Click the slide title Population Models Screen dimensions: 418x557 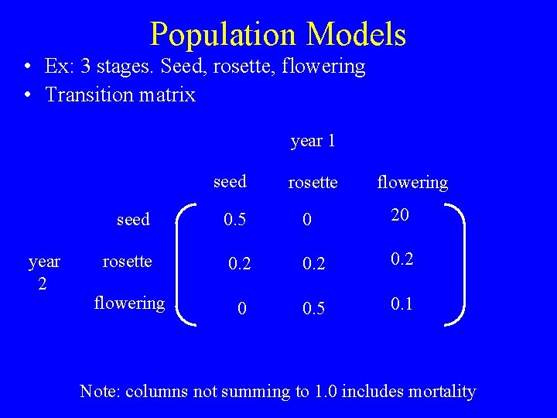click(278, 34)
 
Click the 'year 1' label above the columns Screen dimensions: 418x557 click(313, 141)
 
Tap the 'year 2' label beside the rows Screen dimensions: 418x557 click(43, 273)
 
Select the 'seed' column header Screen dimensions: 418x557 click(230, 181)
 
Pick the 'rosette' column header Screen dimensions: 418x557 click(313, 183)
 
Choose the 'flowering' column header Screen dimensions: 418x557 click(412, 183)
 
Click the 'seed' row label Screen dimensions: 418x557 click(133, 220)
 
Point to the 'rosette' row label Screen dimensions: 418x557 click(127, 262)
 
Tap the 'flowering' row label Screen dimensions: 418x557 click(129, 303)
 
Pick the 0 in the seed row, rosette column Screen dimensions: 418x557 click(307, 221)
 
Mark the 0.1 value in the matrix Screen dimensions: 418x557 click(402, 304)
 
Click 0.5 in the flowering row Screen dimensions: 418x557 click(313, 309)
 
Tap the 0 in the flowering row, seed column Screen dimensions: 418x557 click(242, 309)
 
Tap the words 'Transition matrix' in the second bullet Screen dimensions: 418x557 click(121, 95)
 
